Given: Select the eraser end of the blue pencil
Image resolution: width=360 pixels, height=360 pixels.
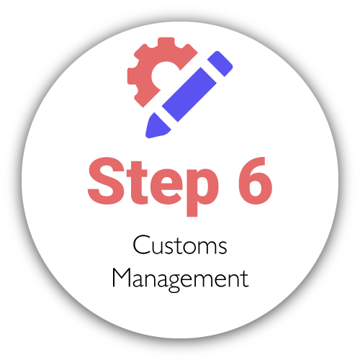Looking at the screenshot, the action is [220, 63].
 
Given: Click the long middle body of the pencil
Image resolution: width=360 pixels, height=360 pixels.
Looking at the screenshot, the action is [189, 94].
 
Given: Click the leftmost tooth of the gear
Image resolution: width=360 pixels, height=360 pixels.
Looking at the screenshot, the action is [132, 76].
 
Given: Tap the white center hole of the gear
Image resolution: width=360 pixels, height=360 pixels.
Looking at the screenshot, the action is [163, 74].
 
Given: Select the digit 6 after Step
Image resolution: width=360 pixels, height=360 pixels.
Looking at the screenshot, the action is [255, 181].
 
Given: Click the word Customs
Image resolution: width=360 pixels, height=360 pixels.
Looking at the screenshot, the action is [180, 245].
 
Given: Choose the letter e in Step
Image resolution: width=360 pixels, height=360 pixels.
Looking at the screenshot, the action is [166, 186].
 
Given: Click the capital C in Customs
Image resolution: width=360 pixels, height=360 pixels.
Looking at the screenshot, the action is [143, 245].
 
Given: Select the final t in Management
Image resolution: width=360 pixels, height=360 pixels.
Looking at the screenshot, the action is [245, 279].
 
